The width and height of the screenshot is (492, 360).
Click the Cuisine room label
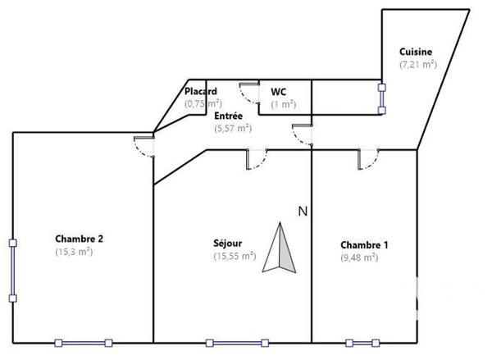coord(416,52)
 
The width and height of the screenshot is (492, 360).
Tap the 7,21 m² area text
coord(417,64)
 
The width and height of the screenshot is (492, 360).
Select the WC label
coord(278,91)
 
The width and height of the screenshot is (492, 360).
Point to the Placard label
coord(201,91)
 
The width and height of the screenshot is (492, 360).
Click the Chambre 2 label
coord(79,239)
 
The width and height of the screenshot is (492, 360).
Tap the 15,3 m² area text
coord(74,252)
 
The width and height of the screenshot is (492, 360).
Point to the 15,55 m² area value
coord(233,256)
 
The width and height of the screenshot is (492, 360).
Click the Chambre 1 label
coord(364,244)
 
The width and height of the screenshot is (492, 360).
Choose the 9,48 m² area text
coord(359,257)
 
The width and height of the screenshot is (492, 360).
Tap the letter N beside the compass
coord(302,212)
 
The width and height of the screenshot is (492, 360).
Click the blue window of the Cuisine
coord(381,98)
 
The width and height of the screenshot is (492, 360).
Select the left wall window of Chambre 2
coord(12,271)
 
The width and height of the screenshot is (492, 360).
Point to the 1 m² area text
coord(284,104)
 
